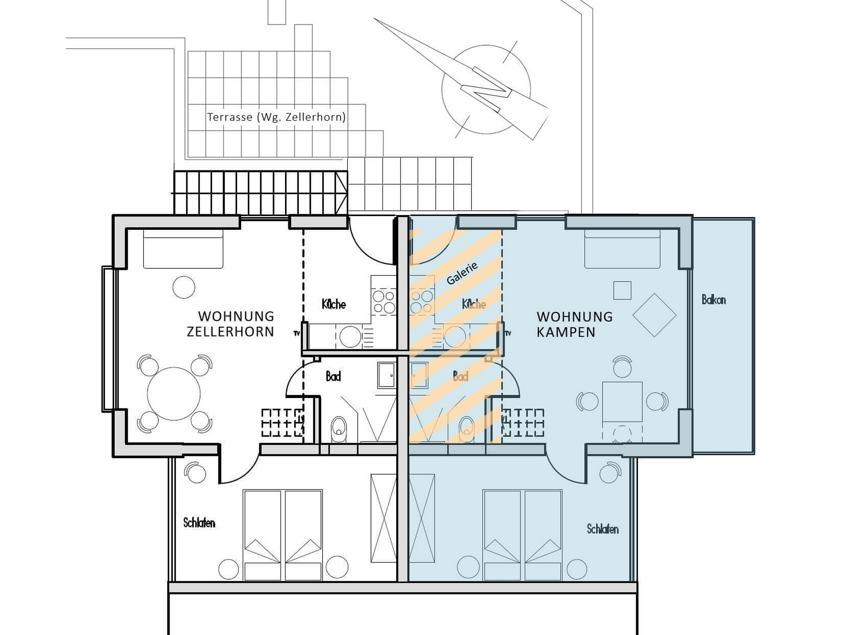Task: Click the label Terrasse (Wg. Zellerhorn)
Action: (276, 117)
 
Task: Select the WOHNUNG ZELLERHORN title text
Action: (231, 324)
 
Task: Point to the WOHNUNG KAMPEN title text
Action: (574, 325)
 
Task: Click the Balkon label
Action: (713, 300)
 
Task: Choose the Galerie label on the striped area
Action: (462, 273)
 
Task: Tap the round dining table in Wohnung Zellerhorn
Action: (174, 394)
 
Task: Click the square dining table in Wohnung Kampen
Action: (622, 402)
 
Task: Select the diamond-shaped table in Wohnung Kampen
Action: (654, 315)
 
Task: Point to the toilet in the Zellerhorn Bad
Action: (339, 429)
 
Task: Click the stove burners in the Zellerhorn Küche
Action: (383, 302)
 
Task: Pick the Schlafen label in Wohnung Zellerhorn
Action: (199, 523)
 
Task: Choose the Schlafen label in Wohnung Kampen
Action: (603, 529)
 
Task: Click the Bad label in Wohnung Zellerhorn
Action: (333, 377)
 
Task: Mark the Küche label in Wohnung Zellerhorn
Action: (334, 304)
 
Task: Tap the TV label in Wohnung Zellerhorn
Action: (297, 333)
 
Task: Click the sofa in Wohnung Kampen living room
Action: (622, 248)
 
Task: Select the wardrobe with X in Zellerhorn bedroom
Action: (383, 518)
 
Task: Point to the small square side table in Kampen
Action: (622, 290)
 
